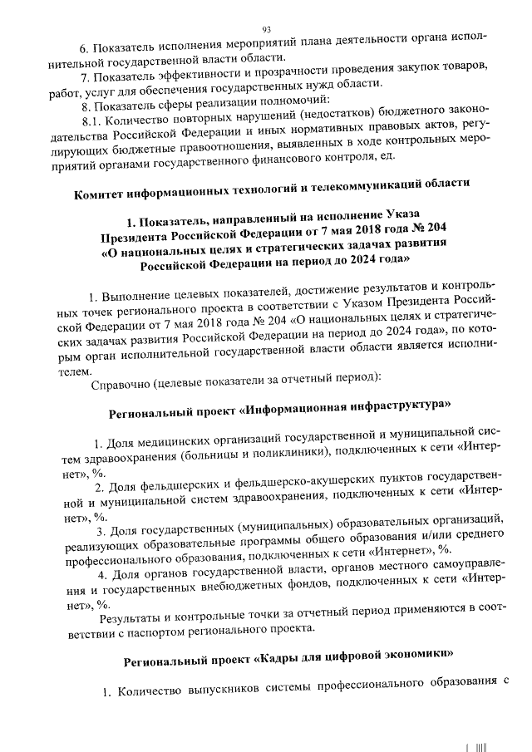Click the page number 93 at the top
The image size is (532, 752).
coord(267,27)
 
